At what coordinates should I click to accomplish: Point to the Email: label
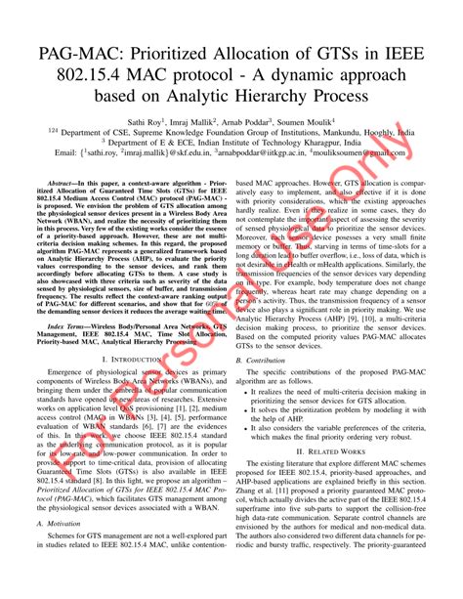(67, 153)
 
